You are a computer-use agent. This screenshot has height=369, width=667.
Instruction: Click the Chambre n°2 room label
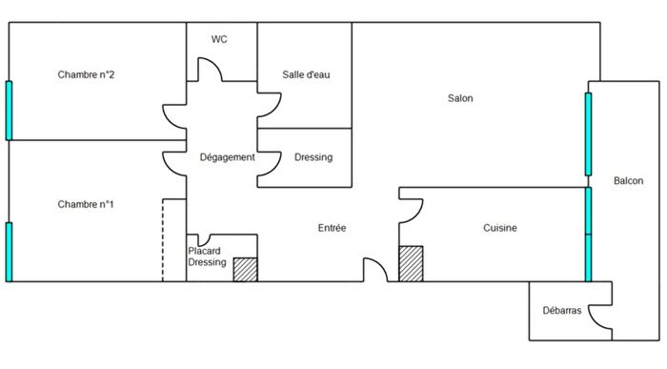pos(87,75)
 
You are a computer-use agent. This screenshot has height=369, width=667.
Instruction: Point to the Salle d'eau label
pos(306,74)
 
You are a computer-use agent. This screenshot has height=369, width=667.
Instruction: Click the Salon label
pos(460,98)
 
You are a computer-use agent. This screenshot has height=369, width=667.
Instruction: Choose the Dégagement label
pos(227,157)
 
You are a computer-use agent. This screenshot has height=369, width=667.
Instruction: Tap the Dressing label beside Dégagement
pos(313,157)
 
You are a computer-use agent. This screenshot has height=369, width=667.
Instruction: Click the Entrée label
pos(332,229)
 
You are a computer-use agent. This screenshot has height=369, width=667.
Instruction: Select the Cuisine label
pos(500,229)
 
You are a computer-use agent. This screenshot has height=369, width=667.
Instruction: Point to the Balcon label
pos(628,181)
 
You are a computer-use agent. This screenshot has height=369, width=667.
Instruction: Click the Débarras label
pos(561,311)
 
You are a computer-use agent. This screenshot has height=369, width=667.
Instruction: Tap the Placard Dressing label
pos(207,256)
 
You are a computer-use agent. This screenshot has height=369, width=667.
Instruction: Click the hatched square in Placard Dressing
pos(246,270)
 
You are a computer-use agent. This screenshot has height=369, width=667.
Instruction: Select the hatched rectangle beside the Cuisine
pos(411,263)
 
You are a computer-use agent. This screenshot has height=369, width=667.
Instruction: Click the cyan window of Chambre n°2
pos(10,111)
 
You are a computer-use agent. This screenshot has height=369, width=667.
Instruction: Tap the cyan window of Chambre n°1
pos(10,251)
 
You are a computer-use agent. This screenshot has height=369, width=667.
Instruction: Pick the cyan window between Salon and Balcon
pos(588,133)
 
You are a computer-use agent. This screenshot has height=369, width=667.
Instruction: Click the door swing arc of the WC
pos(210,72)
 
